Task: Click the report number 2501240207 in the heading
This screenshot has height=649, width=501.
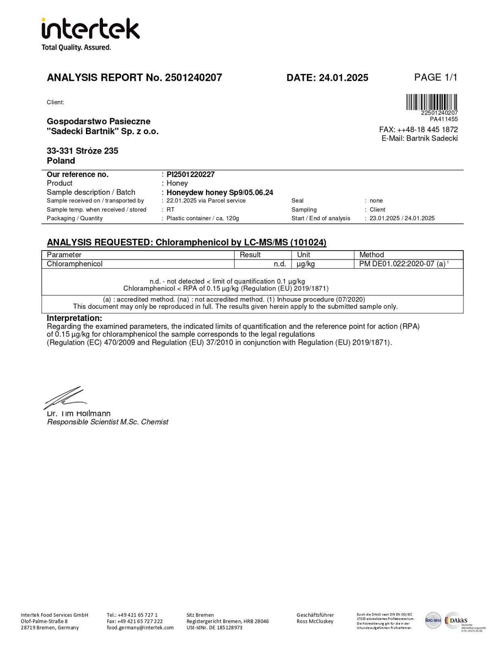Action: point(193,78)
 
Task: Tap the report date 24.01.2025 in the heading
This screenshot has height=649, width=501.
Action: point(344,78)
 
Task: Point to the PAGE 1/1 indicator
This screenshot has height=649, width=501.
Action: point(436,77)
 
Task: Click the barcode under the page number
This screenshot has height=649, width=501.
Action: point(432,102)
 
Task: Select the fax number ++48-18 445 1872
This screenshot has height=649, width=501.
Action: point(428,130)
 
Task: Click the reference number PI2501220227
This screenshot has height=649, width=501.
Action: point(191,175)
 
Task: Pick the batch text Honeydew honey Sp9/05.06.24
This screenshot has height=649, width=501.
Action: point(220,193)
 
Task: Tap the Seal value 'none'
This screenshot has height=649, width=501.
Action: point(376,201)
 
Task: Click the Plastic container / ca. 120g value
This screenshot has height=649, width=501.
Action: point(203,219)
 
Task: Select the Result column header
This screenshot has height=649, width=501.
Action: point(250,255)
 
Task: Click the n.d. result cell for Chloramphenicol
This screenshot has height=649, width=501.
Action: point(280,264)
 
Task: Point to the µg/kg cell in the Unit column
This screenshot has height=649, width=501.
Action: point(306,264)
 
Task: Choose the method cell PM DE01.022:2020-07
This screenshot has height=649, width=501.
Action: point(402,264)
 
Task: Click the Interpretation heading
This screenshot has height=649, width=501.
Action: point(74,318)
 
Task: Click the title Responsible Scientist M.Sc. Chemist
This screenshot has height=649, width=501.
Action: point(108,422)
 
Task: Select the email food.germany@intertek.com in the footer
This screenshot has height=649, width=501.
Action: point(140,628)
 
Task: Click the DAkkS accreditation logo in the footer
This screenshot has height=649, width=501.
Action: point(456,620)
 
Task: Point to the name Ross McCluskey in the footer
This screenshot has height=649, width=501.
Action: point(315,622)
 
